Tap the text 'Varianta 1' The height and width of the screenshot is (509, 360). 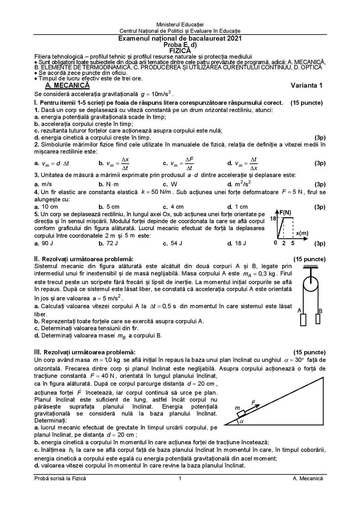[x=307, y=85]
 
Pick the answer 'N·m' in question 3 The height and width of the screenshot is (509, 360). [x=112, y=184]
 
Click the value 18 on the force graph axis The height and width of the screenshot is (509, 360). [x=273, y=219]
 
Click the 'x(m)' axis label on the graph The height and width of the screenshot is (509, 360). [x=302, y=232]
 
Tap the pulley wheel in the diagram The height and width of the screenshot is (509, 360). [x=309, y=286]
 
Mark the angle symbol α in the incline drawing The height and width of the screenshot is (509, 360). [x=241, y=422]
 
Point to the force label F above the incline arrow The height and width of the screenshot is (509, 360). [x=254, y=401]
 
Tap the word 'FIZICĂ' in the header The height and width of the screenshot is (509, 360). [x=180, y=51]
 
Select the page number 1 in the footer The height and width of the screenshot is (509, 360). [x=180, y=479]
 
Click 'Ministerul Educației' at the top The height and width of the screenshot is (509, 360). [x=180, y=23]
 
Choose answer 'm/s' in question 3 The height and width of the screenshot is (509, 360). [x=46, y=184]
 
